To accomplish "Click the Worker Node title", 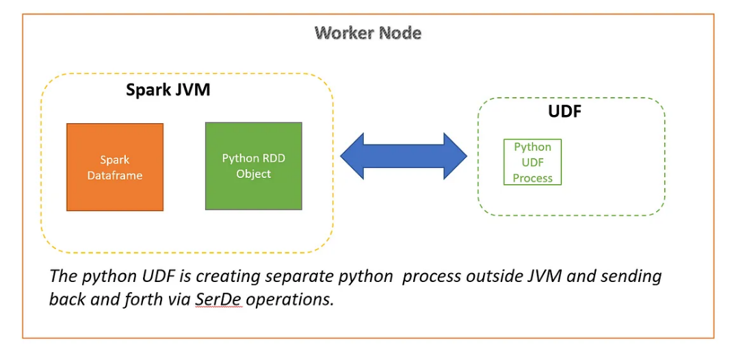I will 368,32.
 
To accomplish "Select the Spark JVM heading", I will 168,90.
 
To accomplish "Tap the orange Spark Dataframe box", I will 115,167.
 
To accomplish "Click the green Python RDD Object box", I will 254,166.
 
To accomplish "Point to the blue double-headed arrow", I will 404,156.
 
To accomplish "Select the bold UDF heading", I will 564,112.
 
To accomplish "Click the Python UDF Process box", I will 532,162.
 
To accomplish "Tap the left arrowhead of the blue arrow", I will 353,156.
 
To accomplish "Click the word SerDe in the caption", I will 218,300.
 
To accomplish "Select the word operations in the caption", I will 290,300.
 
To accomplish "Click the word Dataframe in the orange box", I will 115,175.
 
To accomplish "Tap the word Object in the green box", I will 254,174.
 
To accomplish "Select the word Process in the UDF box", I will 532,178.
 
